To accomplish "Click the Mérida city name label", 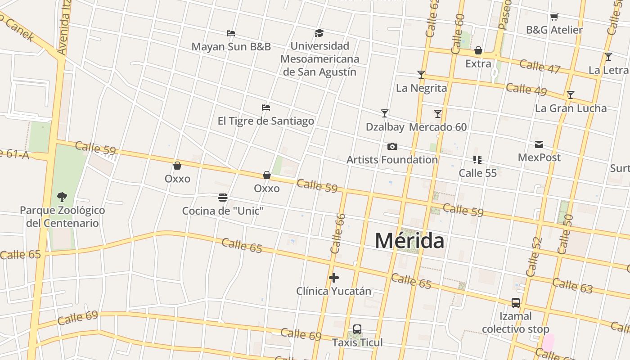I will coord(409,241).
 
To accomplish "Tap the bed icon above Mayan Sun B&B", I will coord(231,33).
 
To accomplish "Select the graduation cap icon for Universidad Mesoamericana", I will coord(319,33).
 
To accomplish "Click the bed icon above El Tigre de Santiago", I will coord(266,108).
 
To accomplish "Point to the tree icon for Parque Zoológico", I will coord(62,197).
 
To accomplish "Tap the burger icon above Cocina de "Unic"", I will coord(222,198).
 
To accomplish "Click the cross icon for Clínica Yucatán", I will coord(333,278).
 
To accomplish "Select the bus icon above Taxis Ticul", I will coord(357,329).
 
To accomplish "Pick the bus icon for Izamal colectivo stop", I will coord(516,303).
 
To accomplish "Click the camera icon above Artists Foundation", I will coord(392,146).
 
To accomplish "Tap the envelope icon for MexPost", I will coord(539,144).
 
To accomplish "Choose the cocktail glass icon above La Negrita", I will coord(421,75).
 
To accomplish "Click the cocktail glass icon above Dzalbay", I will coord(385,113).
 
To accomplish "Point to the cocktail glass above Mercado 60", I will coord(438,114).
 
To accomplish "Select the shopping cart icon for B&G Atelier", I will coord(554,17).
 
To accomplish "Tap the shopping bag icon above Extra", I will coord(478,50).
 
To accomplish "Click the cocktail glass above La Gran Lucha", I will coord(571,95).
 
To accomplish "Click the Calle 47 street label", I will coord(540,66).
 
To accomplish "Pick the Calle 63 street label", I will coord(572,286).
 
